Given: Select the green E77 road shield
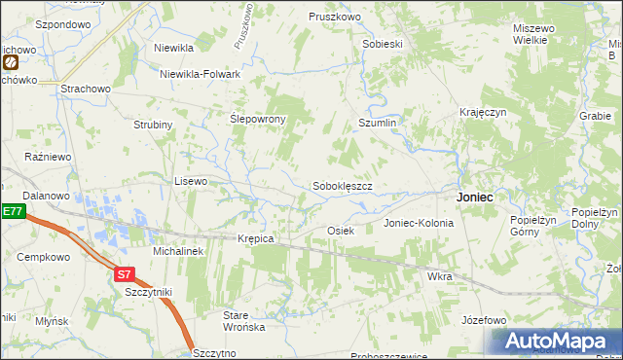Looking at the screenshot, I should coord(12,211).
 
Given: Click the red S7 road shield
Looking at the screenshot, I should coord(124,274).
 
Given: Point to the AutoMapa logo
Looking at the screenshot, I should coord(556,342).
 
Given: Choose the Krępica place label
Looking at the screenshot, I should coord(256,238).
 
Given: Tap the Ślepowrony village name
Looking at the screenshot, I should coord(257,119).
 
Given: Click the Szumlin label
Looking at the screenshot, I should coord(378,125).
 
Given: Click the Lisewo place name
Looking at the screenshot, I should coord(191,181).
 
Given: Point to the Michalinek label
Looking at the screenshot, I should coord(177,251).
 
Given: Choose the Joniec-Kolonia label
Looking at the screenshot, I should coord(419,223).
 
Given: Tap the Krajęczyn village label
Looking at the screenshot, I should coord(484,113).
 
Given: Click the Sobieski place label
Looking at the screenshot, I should coord(383,44).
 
